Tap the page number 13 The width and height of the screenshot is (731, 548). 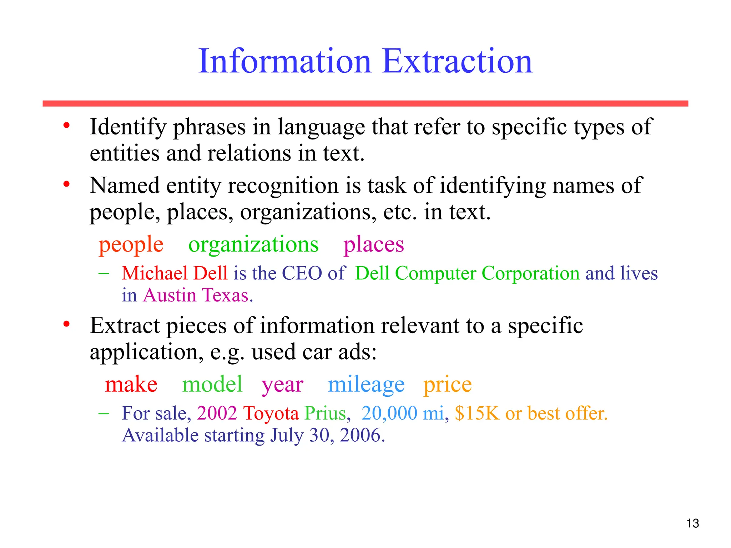pyautogui.click(x=692, y=523)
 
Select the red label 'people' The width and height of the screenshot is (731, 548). pyautogui.click(x=131, y=245)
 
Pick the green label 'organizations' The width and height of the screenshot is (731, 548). pyautogui.click(x=253, y=245)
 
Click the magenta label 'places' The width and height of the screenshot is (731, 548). pyautogui.click(x=374, y=245)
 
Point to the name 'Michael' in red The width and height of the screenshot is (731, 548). pyautogui.click(x=155, y=273)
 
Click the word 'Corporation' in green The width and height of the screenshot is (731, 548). pyautogui.click(x=530, y=273)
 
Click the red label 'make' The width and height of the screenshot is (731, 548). pyautogui.click(x=131, y=385)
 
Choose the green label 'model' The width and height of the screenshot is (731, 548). pyautogui.click(x=212, y=385)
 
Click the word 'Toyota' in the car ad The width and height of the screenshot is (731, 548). pyautogui.click(x=271, y=413)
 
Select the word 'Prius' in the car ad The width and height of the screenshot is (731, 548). pyautogui.click(x=325, y=413)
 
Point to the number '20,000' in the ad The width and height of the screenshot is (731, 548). pyautogui.click(x=389, y=413)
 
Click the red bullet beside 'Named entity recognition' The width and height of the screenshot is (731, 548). pyautogui.click(x=66, y=184)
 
